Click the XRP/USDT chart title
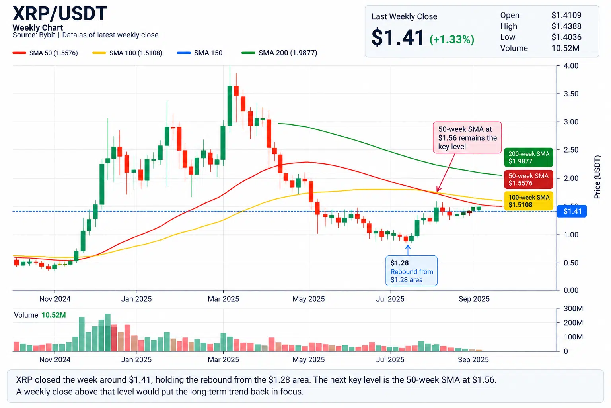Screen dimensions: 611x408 [60, 14]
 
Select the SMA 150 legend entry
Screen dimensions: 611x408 [200, 53]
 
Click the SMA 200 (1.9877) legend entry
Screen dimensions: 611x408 [279, 53]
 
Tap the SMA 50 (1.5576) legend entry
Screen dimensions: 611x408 [45, 53]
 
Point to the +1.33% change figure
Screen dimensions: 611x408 [452, 39]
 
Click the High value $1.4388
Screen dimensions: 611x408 [566, 26]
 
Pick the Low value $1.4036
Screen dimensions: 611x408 [566, 37]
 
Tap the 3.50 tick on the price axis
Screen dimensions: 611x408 [571, 94]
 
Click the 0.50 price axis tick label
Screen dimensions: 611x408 [571, 263]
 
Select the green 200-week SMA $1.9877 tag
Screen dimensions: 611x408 [529, 157]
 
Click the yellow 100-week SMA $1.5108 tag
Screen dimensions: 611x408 [529, 201]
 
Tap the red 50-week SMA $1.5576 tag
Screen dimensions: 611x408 [529, 179]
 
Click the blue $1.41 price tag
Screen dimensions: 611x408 [572, 211]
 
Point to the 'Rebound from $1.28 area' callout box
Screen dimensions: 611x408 [411, 271]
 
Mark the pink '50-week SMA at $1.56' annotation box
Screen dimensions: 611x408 [467, 137]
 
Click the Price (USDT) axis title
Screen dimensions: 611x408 [597, 177]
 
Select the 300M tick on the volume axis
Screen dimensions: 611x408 [573, 308]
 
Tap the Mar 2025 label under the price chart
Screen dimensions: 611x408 [224, 299]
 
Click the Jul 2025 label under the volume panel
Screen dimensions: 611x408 [390, 360]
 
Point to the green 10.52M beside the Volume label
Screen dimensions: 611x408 [54, 315]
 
